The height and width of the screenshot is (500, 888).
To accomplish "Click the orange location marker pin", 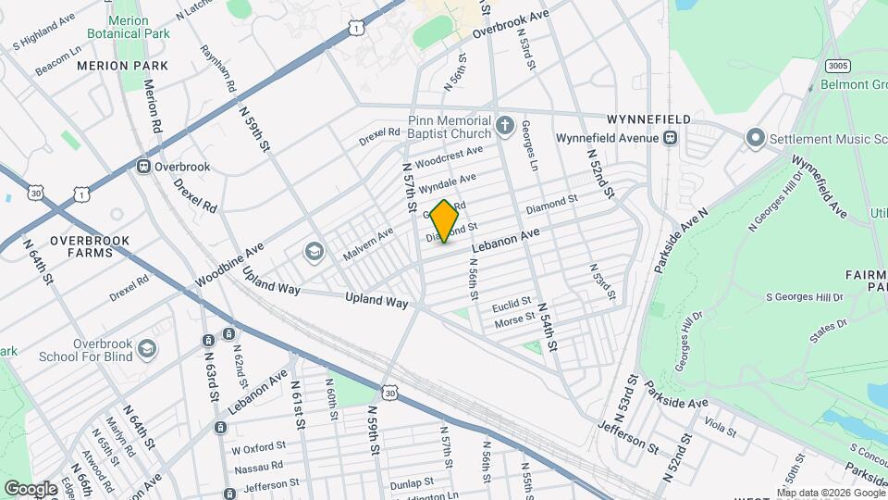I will pos(444,220).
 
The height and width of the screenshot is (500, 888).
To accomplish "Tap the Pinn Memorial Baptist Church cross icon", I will pos(505,125).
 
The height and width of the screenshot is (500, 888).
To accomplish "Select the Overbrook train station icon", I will pos(144,167).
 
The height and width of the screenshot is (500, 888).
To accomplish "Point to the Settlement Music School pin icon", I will pos(755,139).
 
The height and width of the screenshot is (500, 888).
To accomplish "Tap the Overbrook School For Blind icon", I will pos(146,349).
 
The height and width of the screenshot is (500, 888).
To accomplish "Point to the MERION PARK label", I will pos(122,66).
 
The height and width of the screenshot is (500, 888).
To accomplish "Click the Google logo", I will pos(31,488).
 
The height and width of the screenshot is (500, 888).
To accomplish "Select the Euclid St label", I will pos(512,303).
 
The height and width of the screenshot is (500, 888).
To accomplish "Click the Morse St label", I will pos(515,319).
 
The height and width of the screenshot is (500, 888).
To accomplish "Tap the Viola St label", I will pos(718,427).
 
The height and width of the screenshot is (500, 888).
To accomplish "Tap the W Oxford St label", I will pos(254,450).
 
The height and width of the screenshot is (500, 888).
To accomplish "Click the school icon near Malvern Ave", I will pos(314,251).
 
